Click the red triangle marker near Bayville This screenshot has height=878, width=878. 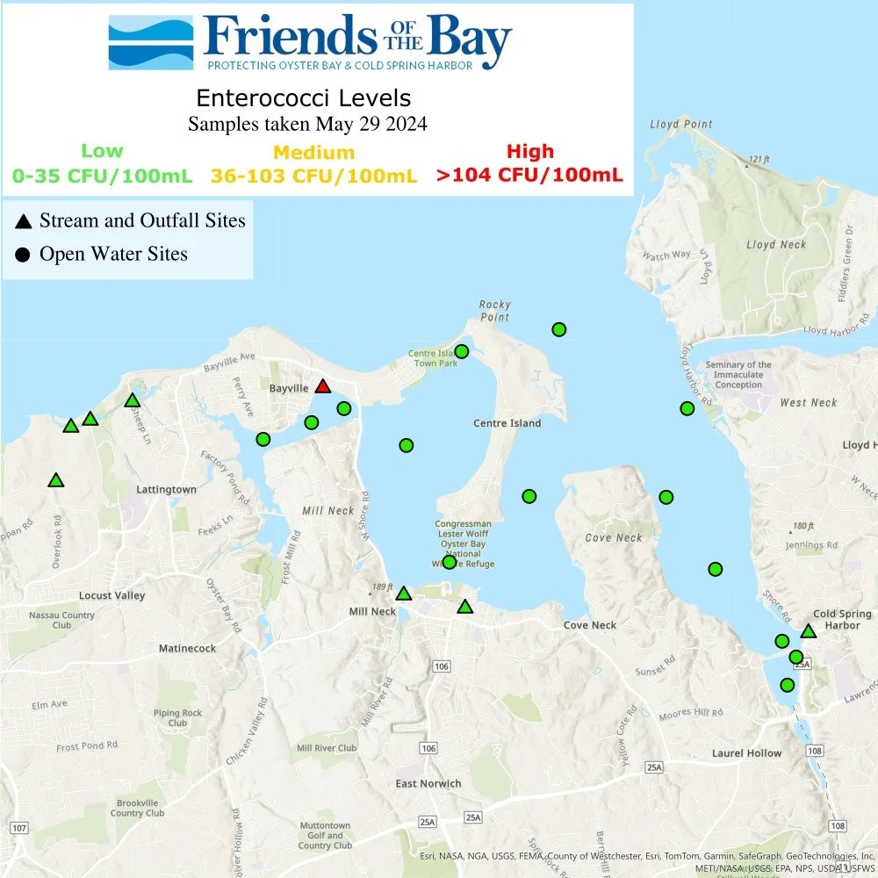[x=323, y=387]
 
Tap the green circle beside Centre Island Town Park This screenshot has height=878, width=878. [x=462, y=351]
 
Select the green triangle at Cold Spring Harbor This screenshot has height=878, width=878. [x=809, y=631]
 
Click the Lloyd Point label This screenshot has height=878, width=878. [x=680, y=125]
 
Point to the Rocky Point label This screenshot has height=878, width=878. [x=495, y=311]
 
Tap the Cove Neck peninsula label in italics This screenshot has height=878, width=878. [x=615, y=537]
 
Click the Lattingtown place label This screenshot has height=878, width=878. [x=166, y=489]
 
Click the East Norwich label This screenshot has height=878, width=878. [x=428, y=783]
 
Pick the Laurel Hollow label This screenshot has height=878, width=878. [x=746, y=753]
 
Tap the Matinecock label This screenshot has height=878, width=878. [x=187, y=648]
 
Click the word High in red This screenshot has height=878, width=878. [x=529, y=152]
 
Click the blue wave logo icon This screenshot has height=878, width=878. [x=150, y=42]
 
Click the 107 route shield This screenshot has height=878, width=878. [x=20, y=828]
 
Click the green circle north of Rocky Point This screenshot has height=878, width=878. [x=558, y=329]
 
